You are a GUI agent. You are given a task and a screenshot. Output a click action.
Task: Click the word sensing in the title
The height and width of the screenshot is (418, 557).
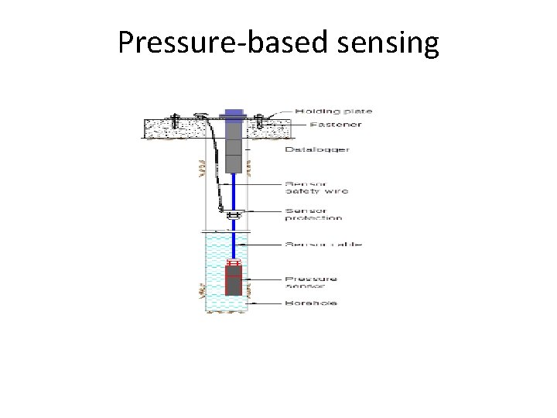coord(389,44)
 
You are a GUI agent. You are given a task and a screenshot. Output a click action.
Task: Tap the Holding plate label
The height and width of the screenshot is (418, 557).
coord(329,111)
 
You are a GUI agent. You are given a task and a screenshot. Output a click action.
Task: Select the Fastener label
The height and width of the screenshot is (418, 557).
coord(324,124)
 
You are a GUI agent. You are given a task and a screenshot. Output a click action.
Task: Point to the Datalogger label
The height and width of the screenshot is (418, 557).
coord(317,149)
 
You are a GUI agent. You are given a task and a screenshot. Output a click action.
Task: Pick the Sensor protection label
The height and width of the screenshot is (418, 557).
coord(314,214)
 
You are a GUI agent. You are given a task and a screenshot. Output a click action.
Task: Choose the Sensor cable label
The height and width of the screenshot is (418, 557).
coord(323,245)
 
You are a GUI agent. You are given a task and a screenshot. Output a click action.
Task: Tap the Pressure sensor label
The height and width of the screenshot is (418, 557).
coord(311,282)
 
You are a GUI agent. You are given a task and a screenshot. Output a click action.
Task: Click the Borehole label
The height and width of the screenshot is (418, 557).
coord(312,303)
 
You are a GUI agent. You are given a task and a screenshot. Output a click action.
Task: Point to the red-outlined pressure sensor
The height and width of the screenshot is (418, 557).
coord(233,279)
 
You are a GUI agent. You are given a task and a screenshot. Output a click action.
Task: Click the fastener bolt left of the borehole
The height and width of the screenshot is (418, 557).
coord(175,122)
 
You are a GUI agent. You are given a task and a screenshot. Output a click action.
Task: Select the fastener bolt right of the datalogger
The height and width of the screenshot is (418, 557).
coord(260,122)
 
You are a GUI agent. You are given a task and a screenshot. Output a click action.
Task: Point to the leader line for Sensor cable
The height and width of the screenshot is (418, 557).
coord(267,245)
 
